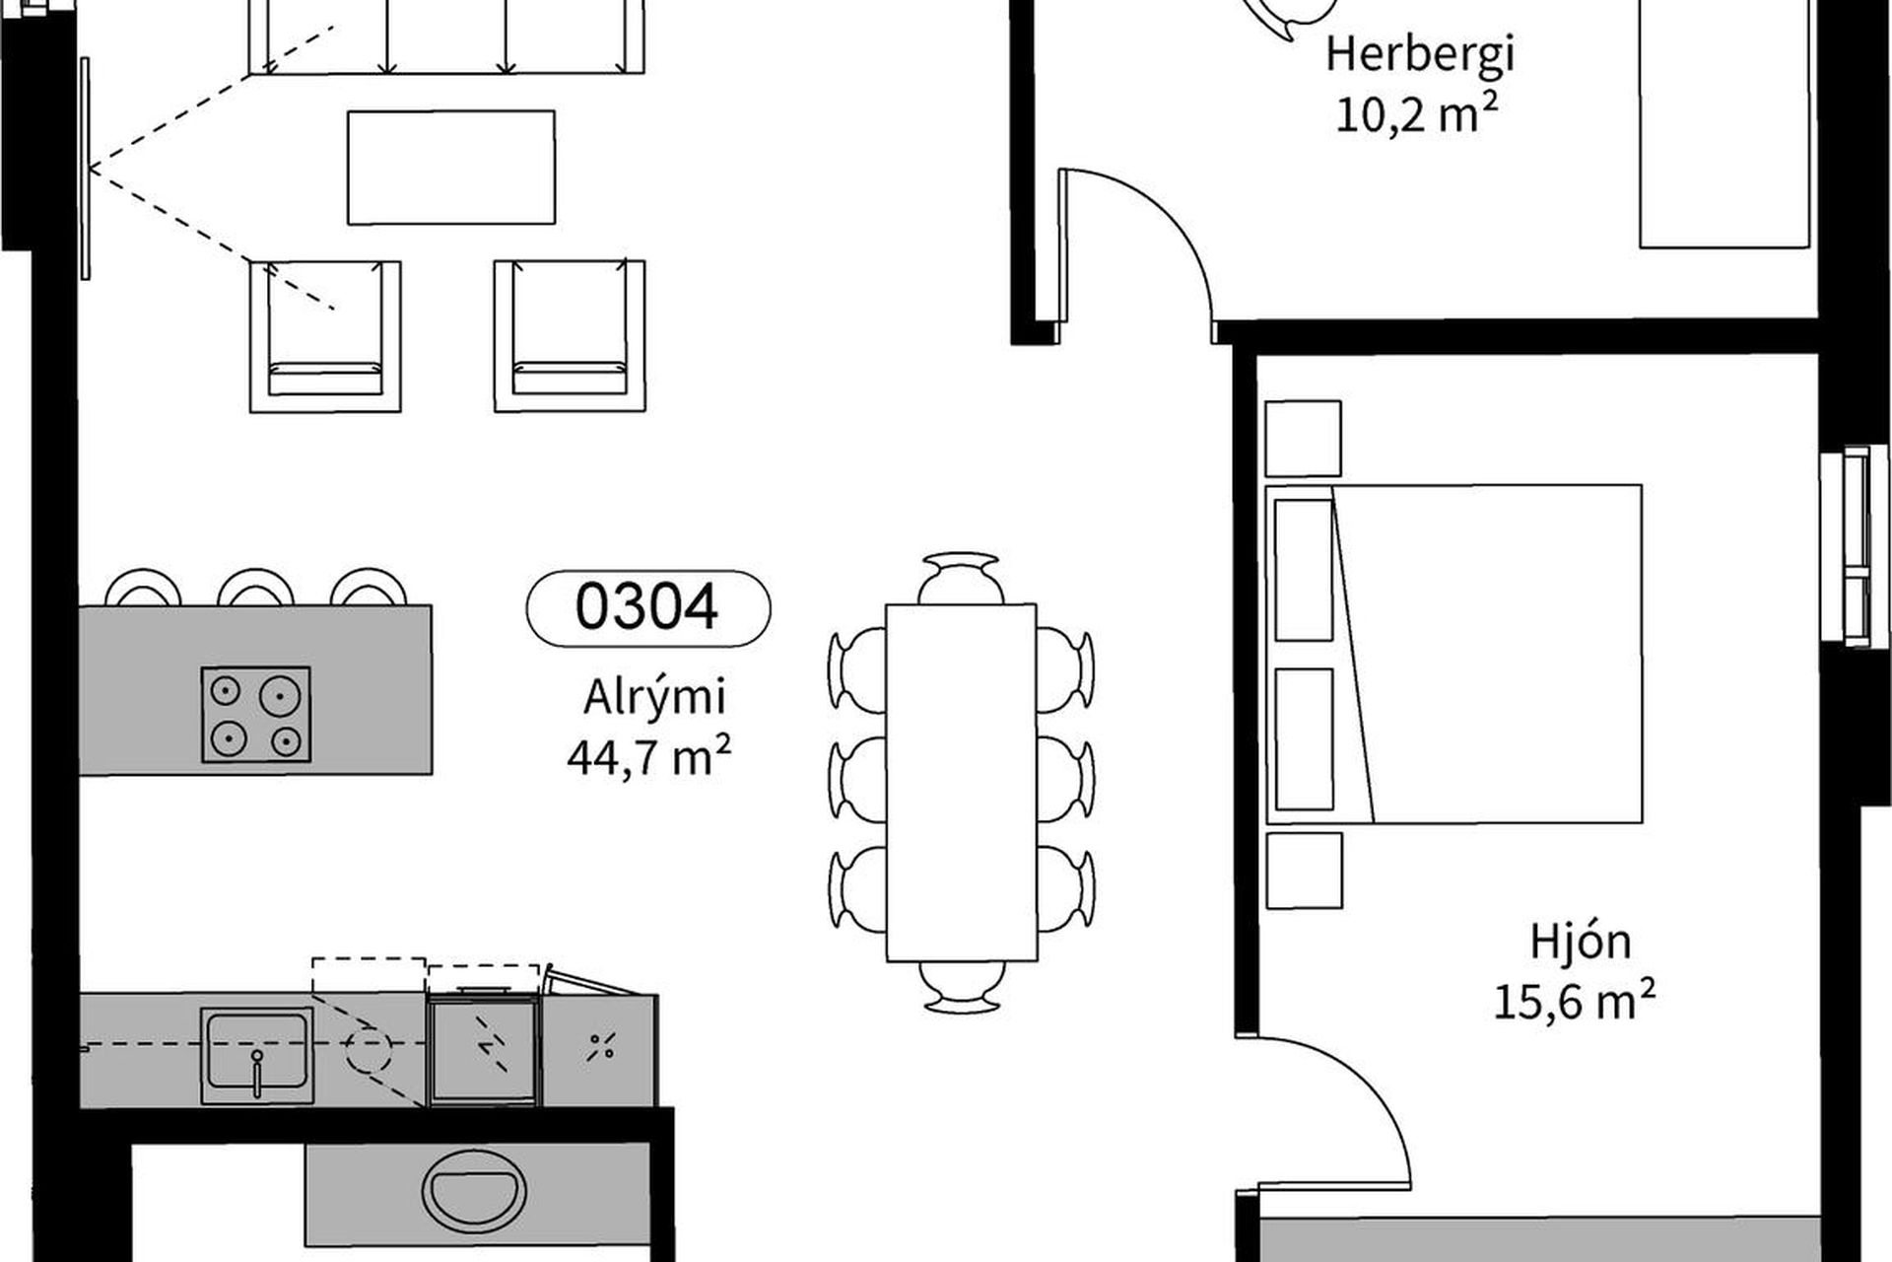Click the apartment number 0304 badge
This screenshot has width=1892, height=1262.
[648, 607]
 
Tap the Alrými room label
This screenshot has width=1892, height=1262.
[654, 696]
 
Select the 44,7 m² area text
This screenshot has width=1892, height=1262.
[648, 757]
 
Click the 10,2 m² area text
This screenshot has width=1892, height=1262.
[1417, 114]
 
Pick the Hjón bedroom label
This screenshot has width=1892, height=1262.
[1581, 941]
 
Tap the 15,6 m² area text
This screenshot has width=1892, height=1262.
[1575, 1002]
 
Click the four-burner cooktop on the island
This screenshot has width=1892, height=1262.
[256, 715]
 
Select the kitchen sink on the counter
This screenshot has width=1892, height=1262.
[257, 1056]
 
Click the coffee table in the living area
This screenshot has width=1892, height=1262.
[451, 168]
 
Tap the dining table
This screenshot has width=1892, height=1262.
[961, 782]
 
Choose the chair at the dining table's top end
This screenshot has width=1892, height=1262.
[961, 578]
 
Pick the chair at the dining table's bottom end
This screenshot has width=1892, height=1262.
[961, 986]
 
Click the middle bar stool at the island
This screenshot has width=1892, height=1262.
[255, 588]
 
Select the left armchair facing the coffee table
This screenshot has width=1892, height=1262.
[325, 336]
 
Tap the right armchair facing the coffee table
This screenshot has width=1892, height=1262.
[570, 336]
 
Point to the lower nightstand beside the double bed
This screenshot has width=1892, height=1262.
[1304, 871]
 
